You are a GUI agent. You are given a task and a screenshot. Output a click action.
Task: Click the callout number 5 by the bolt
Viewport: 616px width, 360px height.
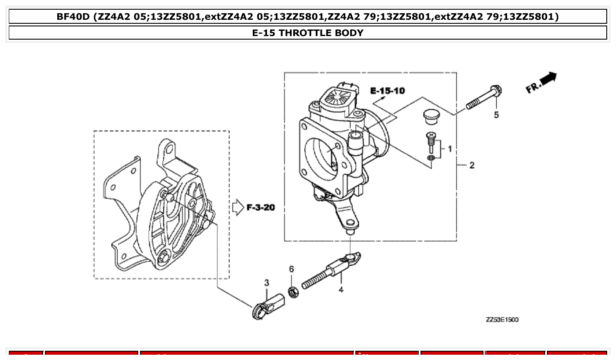click(x=496, y=115)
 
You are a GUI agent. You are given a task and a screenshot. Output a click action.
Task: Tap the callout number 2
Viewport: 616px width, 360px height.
click(x=472, y=165)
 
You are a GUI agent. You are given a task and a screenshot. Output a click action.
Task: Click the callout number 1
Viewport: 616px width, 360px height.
click(x=450, y=149)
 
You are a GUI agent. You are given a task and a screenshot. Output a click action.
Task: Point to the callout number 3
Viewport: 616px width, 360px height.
click(x=266, y=283)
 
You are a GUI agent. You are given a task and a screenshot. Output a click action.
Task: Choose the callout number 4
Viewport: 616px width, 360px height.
click(x=341, y=290)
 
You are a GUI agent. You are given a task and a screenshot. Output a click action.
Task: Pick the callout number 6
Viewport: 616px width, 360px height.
click(x=291, y=269)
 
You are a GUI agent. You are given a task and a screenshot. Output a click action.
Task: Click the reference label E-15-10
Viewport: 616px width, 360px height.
click(x=387, y=91)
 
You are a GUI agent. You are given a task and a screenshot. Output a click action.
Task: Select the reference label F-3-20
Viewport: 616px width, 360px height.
click(x=261, y=207)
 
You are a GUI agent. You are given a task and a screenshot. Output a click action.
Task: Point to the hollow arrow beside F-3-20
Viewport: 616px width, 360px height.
click(x=238, y=207)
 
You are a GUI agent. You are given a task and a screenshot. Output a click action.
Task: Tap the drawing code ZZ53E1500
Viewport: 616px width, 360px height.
click(x=502, y=320)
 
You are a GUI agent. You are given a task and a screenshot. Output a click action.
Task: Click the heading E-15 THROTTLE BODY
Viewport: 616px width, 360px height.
click(x=308, y=33)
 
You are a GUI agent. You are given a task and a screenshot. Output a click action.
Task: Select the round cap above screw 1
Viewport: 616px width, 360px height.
click(x=431, y=117)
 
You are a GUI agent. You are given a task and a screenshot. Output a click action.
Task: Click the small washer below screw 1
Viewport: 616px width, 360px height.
click(x=432, y=158)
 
